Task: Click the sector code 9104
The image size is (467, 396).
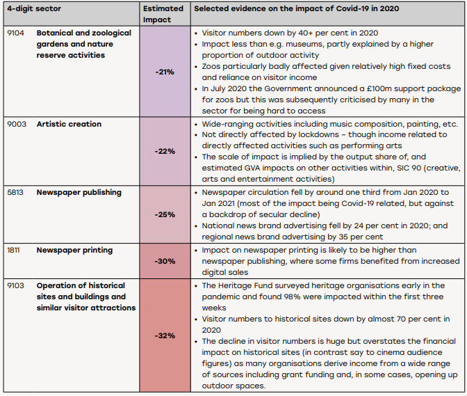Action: click(15, 33)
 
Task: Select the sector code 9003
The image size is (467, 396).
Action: click(17, 124)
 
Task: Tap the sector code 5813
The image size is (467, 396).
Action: click(15, 192)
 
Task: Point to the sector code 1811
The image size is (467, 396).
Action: click(13, 250)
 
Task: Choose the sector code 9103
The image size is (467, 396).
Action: click(15, 285)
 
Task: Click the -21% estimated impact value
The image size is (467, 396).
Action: click(165, 72)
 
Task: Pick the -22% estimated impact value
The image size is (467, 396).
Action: click(165, 151)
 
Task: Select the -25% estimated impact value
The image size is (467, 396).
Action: click(165, 214)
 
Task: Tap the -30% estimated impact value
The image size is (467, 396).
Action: click(165, 261)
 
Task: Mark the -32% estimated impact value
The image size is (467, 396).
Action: click(165, 335)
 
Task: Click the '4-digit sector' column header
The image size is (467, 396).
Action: click(34, 8)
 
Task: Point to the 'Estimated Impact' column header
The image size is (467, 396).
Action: click(163, 14)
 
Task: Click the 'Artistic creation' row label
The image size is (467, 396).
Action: click(69, 124)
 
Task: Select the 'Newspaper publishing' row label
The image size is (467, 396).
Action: click(79, 193)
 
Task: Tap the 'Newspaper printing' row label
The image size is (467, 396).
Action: click(75, 250)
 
